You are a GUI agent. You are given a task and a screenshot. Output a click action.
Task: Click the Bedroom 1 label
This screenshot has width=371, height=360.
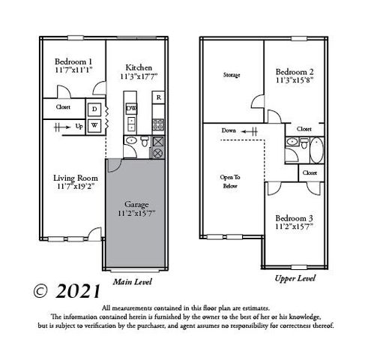tap(74, 61)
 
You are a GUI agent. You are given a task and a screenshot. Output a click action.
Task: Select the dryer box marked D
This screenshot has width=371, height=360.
tap(94, 109)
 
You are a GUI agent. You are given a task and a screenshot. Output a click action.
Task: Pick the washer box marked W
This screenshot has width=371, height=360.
tap(94, 124)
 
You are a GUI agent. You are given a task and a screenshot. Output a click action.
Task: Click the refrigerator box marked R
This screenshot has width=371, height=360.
tap(159, 97)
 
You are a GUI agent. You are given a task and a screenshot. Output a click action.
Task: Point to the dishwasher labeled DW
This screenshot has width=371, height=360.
tap(131, 109)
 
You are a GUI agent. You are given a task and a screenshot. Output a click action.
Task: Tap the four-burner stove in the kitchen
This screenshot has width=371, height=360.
tap(158, 124)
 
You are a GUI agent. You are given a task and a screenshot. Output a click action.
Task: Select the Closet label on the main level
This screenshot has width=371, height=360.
tap(64, 107)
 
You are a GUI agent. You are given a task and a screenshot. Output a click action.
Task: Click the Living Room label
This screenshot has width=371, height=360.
tap(76, 178)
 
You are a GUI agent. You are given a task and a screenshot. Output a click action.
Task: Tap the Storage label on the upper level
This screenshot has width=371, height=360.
tap(232, 75)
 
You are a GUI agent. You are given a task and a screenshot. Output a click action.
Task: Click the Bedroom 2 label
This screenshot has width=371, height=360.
tap(295, 64)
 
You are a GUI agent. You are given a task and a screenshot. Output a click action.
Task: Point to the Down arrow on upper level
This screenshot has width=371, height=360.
tap(240, 130)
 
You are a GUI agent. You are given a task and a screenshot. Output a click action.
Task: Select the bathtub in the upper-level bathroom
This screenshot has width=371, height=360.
tap(316, 151)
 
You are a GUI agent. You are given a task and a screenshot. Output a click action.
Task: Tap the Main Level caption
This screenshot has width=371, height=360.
tap(133, 282)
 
